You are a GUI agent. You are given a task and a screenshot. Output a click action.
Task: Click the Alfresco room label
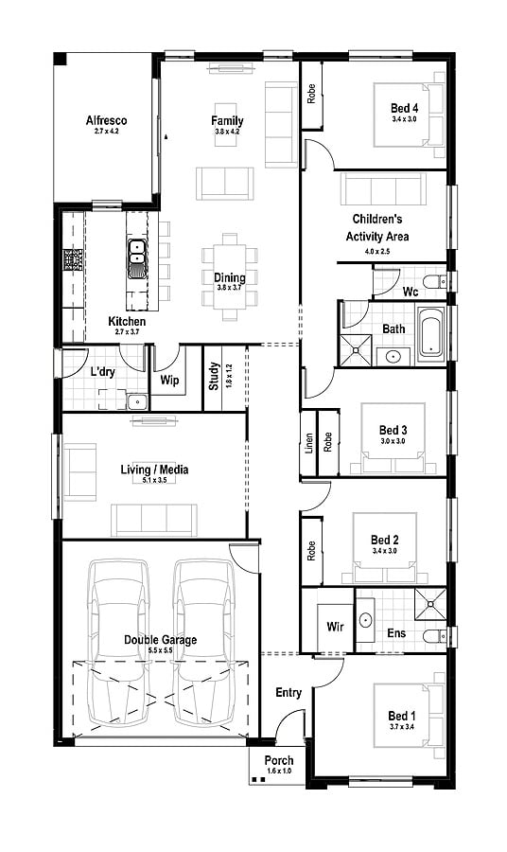point(106,120)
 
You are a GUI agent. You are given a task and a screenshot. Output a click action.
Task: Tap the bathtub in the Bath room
point(431,333)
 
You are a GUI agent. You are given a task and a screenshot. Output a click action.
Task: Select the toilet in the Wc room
point(434,281)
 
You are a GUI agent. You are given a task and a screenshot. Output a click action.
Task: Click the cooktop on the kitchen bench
point(72,259)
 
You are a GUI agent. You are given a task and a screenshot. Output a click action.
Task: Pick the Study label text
point(214,377)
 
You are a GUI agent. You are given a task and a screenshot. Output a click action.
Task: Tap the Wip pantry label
point(169,380)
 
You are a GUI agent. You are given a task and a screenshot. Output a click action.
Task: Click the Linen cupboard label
point(309,443)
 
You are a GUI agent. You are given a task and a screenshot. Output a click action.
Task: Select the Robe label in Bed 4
point(311,94)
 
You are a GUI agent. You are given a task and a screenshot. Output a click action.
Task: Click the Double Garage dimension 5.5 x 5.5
point(160,649)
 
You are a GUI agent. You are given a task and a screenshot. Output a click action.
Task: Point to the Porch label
point(279,760)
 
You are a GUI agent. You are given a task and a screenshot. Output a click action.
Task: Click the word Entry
point(288,692)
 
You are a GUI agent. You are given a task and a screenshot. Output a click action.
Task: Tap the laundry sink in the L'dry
point(137,402)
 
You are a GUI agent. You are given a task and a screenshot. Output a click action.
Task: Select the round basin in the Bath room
point(393,357)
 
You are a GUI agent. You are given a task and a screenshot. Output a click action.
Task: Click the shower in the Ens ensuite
point(430,603)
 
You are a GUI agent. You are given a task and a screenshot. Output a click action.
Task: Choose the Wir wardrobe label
point(335,627)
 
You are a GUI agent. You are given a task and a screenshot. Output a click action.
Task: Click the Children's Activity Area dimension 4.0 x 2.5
point(377,252)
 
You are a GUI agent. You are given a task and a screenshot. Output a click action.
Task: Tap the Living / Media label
point(154,470)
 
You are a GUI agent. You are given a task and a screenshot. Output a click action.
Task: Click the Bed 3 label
point(393,431)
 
